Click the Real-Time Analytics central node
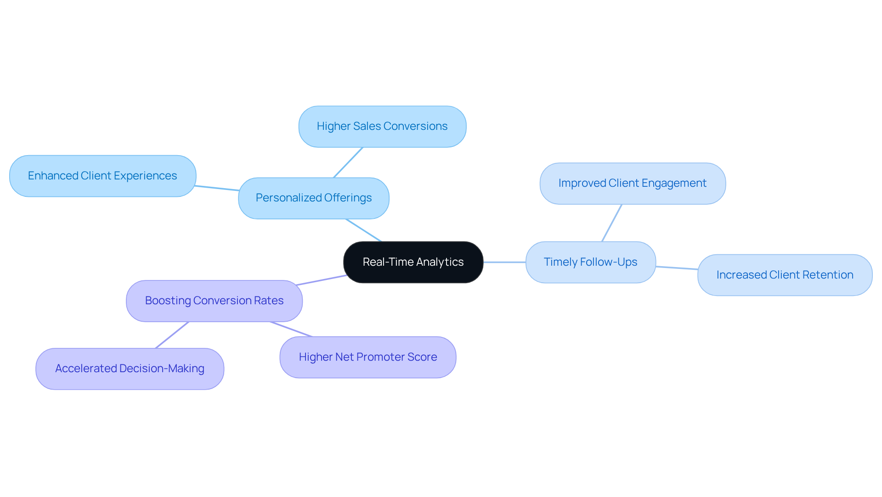[x=413, y=262]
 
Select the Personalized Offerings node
[x=314, y=198]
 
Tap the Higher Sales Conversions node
[x=382, y=126]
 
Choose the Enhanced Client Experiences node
[x=102, y=176]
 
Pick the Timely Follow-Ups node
[x=590, y=262]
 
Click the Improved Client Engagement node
[x=632, y=183]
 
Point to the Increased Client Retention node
[x=785, y=275]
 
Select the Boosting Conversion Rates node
[x=214, y=301]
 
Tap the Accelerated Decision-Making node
[x=130, y=369]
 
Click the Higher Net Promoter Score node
[x=367, y=357]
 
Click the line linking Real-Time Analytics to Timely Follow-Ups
[x=504, y=262]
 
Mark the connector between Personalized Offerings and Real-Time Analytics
[x=363, y=230]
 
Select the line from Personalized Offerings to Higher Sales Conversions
[x=348, y=162]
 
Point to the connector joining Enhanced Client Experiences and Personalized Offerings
[x=217, y=188]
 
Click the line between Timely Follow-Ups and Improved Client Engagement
[x=612, y=223]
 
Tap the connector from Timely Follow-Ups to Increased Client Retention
[x=677, y=268]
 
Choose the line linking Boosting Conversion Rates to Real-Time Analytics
[x=322, y=280]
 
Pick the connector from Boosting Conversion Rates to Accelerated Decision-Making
[x=172, y=335]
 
